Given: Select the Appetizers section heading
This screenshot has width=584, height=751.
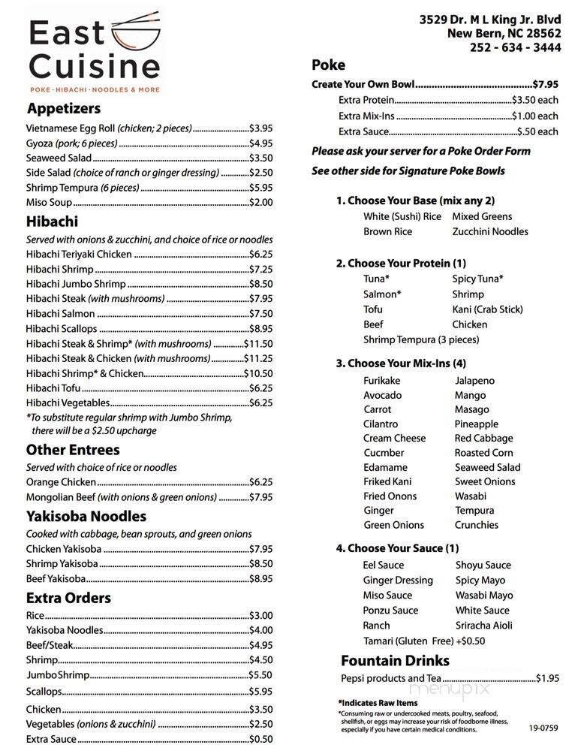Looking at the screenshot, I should (x=63, y=109).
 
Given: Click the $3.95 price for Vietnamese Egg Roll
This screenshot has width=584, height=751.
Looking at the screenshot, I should (x=260, y=128).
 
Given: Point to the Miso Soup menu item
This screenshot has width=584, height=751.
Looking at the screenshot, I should (x=49, y=202).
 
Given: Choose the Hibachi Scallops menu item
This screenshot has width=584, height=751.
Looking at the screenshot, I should (x=62, y=329).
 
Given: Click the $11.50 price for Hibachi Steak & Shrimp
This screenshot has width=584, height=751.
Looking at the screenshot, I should (x=258, y=344).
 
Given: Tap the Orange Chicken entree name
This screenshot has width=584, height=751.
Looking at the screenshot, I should (x=61, y=482).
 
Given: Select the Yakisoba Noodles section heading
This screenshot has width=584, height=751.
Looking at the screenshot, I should (x=86, y=517).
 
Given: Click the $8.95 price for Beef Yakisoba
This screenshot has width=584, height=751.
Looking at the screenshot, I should (x=260, y=579).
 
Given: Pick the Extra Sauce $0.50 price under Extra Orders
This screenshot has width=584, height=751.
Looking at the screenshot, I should (x=260, y=739).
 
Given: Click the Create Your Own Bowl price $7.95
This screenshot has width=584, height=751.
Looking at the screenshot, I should (x=545, y=85).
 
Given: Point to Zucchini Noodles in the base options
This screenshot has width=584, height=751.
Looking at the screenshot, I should (x=489, y=232).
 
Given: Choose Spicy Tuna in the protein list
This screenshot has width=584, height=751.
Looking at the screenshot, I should (x=477, y=279).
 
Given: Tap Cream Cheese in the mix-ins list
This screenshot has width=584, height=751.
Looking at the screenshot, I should (x=394, y=439).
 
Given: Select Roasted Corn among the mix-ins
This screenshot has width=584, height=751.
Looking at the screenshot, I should (x=483, y=453).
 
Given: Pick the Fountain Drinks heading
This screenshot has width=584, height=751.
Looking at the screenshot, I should (x=395, y=661).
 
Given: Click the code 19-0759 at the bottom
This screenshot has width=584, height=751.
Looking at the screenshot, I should (x=543, y=728).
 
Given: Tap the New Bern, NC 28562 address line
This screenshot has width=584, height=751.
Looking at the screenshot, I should (x=504, y=34).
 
